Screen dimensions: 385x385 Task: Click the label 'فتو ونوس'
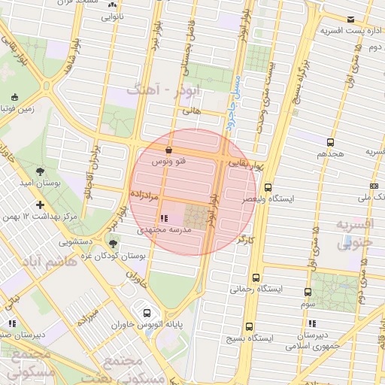168,162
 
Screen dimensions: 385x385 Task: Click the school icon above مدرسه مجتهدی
165,219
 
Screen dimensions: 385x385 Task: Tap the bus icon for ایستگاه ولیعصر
268,189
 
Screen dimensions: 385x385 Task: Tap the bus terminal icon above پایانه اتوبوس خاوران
145,313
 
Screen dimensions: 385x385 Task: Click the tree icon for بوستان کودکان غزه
113,243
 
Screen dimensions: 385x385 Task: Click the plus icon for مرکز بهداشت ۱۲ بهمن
40,205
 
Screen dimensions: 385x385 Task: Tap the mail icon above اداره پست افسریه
350,20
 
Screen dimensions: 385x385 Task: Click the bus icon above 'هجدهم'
329,142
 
